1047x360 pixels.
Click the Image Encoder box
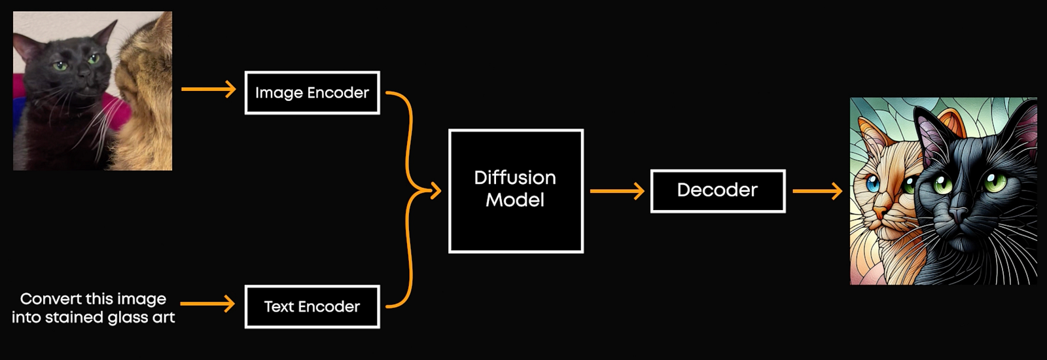312,92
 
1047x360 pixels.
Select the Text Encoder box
312,307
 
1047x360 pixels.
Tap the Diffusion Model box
516,191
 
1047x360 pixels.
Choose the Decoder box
718,191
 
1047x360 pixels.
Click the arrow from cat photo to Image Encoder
209,89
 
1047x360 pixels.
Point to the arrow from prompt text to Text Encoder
207,304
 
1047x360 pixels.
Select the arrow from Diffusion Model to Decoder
618,191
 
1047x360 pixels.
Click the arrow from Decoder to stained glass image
817,191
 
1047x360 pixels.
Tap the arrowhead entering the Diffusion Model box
436,190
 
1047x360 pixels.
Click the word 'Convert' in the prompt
48,298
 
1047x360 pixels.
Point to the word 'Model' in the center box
515,200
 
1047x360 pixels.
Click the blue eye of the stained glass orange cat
873,183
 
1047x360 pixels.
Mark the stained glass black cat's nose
958,215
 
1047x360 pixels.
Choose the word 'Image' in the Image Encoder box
279,93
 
